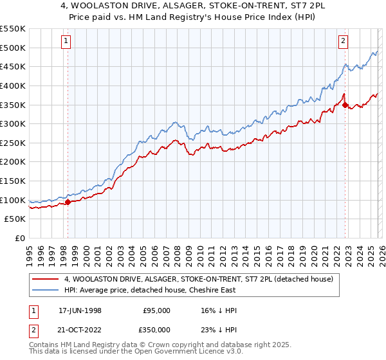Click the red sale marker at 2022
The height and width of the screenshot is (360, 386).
(345, 105)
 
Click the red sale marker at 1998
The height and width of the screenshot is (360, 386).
(68, 202)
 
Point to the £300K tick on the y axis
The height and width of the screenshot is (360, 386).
(13, 123)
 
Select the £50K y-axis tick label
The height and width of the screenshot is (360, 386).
(15, 219)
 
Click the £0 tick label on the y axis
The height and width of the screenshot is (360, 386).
(21, 239)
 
